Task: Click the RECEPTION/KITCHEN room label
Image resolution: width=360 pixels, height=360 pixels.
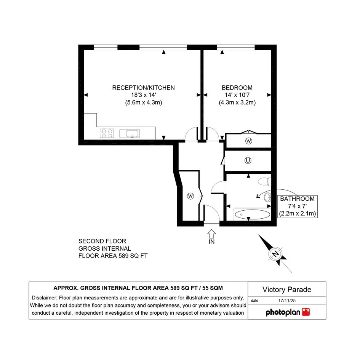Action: click(143, 88)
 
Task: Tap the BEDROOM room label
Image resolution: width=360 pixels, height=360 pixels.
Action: click(237, 88)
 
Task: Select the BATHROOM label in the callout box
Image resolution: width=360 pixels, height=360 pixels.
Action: click(297, 199)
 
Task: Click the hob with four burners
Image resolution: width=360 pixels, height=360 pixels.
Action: click(107, 133)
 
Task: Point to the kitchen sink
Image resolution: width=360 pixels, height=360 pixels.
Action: click(130, 133)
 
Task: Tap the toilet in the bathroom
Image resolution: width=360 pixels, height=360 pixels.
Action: click(264, 182)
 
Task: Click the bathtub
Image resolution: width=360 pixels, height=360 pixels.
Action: click(252, 215)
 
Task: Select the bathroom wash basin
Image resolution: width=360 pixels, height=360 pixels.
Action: click(267, 197)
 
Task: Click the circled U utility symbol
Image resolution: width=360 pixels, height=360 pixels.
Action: click(248, 160)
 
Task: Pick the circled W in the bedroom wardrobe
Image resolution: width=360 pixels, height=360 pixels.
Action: click(249, 141)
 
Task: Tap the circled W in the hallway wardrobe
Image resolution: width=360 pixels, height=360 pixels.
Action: click(190, 196)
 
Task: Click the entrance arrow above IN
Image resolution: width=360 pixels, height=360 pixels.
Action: click(211, 234)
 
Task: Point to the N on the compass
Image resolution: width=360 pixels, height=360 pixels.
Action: click(275, 254)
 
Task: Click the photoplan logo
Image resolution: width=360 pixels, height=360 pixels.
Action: click(288, 312)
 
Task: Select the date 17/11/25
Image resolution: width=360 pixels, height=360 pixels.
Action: click(287, 301)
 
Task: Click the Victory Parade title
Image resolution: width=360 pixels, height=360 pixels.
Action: click(287, 290)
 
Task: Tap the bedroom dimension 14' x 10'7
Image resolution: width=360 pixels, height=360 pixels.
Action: click(237, 95)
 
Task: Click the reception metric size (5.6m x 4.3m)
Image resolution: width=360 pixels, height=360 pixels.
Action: click(144, 102)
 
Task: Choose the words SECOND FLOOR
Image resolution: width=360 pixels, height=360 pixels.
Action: click(102, 241)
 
